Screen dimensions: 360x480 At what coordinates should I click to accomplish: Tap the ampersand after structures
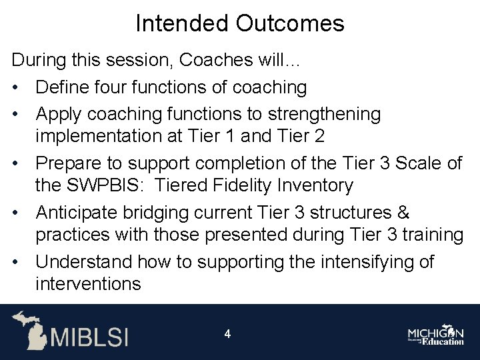pos(403,213)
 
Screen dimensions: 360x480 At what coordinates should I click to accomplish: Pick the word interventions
pos(88,285)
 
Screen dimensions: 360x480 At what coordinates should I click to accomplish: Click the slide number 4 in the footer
pos(227,334)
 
